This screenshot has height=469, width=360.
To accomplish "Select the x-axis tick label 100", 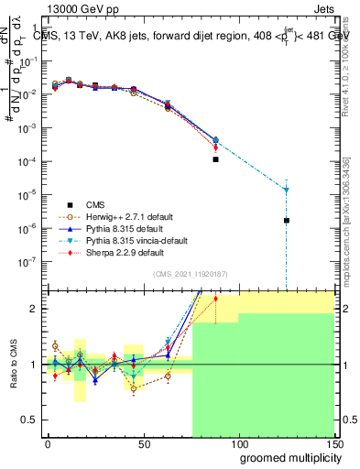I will click(x=239, y=443).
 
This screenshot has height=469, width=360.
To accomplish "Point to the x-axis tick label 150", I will click(x=334, y=443).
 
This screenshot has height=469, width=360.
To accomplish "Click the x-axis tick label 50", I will click(x=144, y=443).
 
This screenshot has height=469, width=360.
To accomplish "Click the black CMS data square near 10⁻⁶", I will click(x=287, y=221).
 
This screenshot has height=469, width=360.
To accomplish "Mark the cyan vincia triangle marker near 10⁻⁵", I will click(x=287, y=190).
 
